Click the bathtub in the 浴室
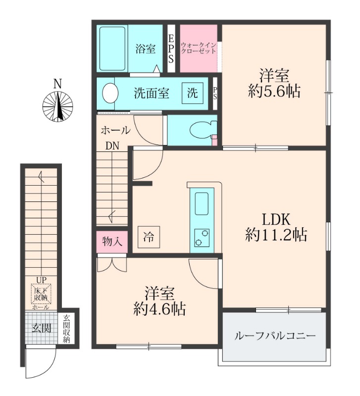coord(112,49)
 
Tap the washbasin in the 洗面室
coord(110,94)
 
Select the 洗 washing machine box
coord(193,94)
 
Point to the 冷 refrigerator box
coord(149,237)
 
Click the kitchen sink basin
coord(202,203)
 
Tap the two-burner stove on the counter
coord(202,238)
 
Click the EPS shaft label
coord(171,49)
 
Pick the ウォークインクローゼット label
coord(198,48)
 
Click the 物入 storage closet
coord(112,242)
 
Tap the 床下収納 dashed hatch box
coord(41,294)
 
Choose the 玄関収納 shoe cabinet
coord(66,328)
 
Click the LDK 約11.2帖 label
coord(276,227)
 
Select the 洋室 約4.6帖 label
coord(159,301)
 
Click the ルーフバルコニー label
coord(275,337)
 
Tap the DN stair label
coord(112,146)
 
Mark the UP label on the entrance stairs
coord(41,280)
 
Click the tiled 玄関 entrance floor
coord(41,328)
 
